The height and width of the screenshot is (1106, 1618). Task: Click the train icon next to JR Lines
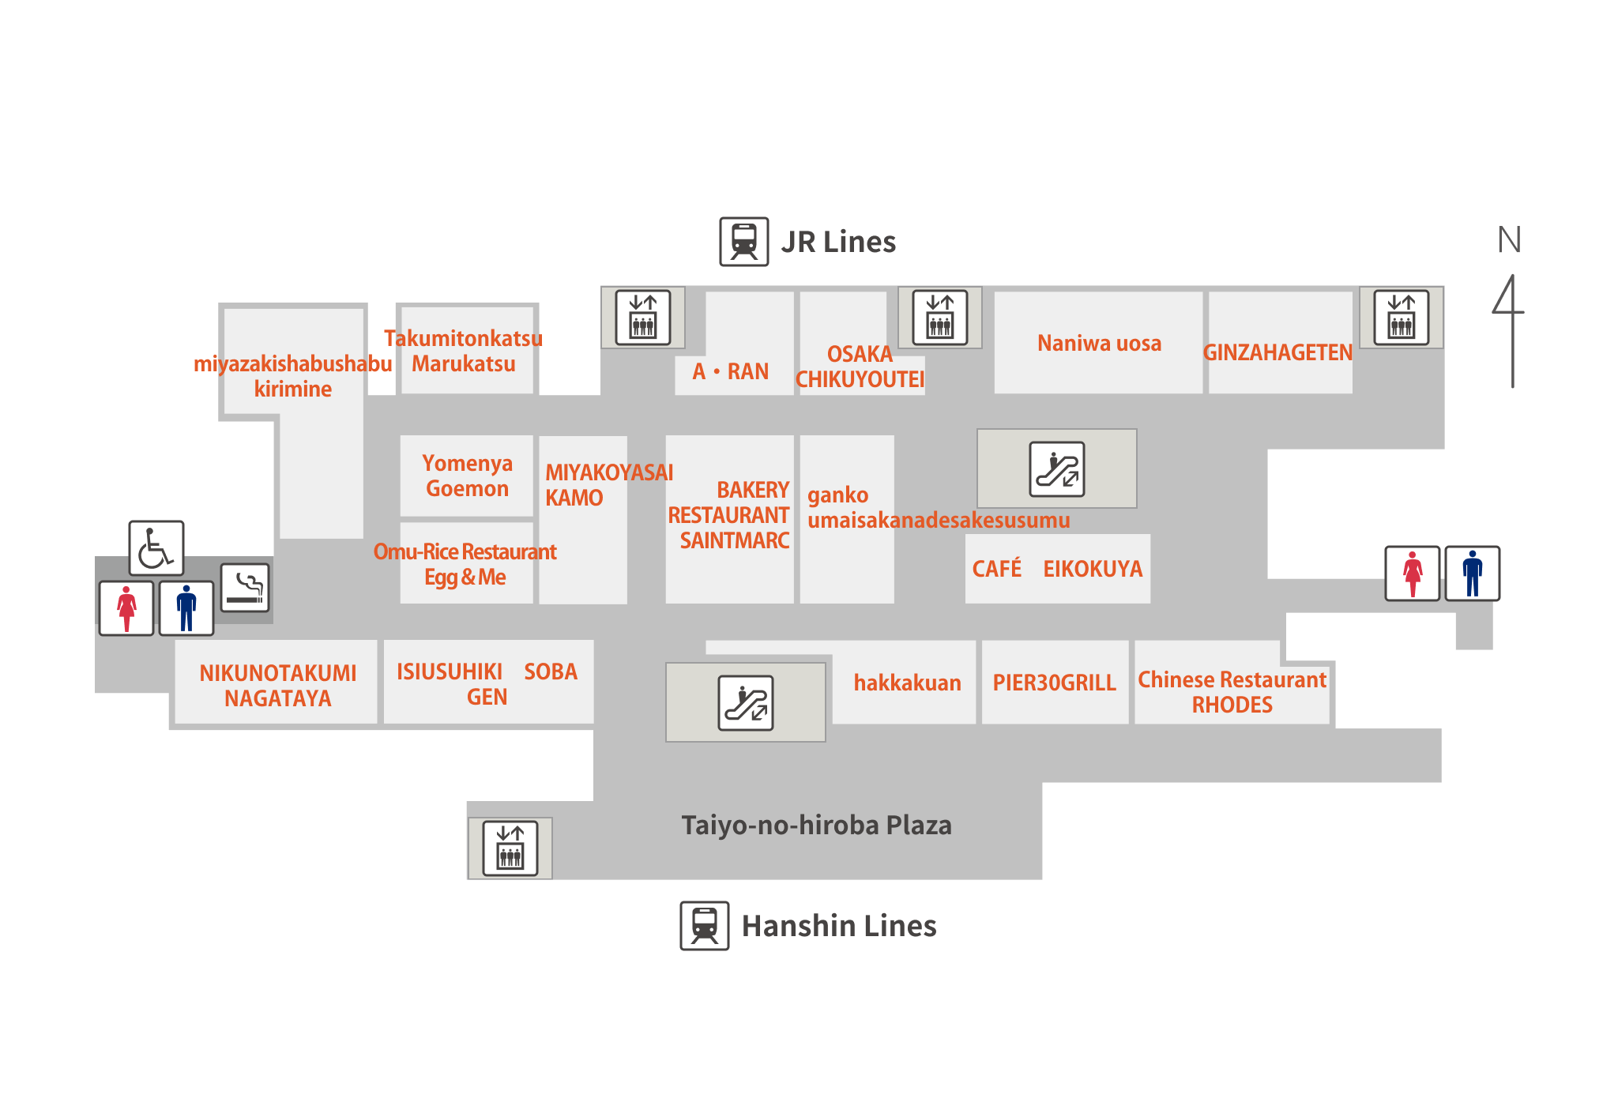743,242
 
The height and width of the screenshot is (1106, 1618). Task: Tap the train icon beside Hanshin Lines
704,926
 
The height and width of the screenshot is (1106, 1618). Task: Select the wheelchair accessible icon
156,547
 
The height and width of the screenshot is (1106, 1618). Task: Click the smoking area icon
244,588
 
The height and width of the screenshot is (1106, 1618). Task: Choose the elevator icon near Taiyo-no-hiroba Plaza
510,848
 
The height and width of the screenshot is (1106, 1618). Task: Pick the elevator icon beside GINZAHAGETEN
1401,318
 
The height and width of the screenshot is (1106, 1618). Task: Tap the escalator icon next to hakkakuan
745,702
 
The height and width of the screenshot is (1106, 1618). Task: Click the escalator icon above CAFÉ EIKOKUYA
1056,468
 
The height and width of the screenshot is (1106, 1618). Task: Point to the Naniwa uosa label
1099,344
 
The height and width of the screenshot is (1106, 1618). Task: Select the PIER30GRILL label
1054,683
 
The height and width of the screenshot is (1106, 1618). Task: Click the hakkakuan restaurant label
907,683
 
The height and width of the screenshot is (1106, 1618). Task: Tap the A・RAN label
731,371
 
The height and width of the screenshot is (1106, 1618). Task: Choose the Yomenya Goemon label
467,476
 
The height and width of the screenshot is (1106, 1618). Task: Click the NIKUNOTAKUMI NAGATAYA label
277,686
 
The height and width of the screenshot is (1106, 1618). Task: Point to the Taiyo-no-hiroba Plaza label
816,826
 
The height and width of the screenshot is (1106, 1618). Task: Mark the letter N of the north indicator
1508,240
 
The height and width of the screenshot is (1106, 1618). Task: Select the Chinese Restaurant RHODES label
1232,692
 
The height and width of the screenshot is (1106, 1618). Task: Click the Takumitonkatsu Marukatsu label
464,351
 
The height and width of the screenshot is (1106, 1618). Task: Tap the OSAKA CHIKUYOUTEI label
860,367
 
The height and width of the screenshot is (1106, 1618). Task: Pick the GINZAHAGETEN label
1277,352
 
